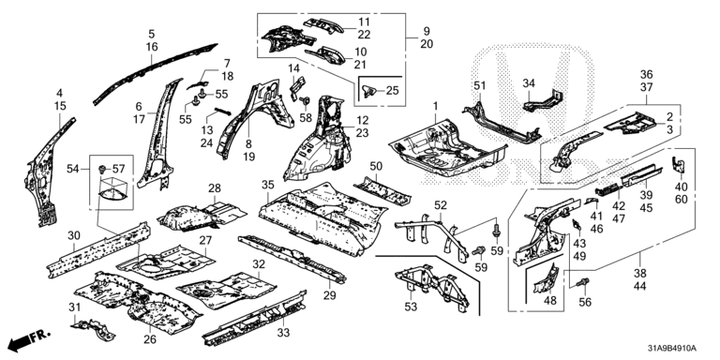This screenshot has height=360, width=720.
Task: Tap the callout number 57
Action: [x=118, y=170]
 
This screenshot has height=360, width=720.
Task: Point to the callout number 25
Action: [x=392, y=90]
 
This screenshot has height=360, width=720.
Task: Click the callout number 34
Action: [x=529, y=83]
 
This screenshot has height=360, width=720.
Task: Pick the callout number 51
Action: [x=479, y=86]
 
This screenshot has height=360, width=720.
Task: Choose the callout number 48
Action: [x=549, y=301]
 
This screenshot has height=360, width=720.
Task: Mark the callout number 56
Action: [x=585, y=302]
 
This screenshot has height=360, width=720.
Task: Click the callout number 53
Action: [x=411, y=306]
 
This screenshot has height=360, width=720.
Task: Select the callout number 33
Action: [x=284, y=333]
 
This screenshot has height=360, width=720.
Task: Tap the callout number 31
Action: [x=75, y=307]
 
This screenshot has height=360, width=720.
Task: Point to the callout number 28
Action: [x=215, y=188]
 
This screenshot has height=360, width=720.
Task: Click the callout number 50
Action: [x=376, y=165]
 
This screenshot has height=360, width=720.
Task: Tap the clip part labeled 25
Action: [x=368, y=91]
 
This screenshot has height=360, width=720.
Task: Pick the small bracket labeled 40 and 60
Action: [x=676, y=165]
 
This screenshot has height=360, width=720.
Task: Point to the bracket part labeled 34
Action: [x=545, y=101]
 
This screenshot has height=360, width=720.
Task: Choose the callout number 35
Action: [x=268, y=185]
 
